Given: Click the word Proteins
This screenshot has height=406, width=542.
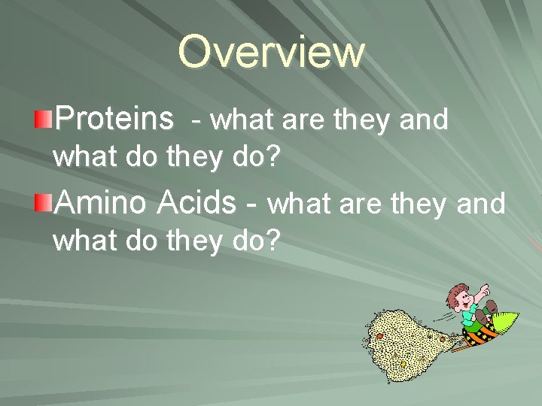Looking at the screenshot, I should (114, 119).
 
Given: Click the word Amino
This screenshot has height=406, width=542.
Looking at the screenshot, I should (102, 202).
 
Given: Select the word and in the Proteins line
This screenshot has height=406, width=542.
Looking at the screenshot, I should (423, 120).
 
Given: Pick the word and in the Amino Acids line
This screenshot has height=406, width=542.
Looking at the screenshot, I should (480, 204).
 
